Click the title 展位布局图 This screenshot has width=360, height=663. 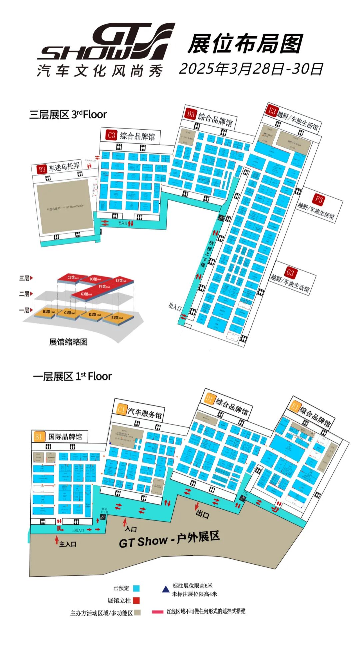point(245,44)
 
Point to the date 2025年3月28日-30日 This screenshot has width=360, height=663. point(251,69)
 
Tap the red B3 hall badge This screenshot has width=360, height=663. point(42,169)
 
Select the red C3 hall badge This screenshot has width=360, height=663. point(111,135)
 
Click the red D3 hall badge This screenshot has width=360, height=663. point(190,114)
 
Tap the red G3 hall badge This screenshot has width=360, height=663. point(290,273)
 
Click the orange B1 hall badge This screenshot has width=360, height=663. point(39,437)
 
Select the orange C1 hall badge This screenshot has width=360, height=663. point(121,409)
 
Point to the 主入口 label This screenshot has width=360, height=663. point(68,544)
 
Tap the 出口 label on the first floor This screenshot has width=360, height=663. point(202,514)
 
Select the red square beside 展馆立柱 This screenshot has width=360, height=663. point(136,600)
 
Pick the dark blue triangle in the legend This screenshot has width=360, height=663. point(166,589)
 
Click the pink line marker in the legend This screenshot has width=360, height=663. point(157,612)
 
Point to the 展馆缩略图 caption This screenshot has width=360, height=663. point(68,342)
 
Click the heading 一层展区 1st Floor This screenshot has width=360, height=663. point(72,376)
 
